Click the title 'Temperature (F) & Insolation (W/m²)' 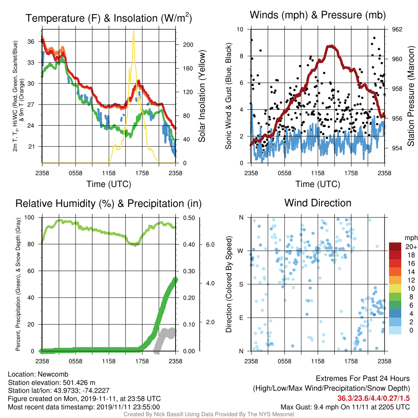[109, 18]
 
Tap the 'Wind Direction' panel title [318, 203]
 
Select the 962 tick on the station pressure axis [397, 29]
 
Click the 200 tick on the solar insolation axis [188, 45]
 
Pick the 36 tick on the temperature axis [31, 42]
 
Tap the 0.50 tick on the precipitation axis [189, 218]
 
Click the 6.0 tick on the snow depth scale [210, 245]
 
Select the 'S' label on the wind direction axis [241, 285]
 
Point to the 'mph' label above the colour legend [411, 238]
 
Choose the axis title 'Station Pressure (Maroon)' [411, 96]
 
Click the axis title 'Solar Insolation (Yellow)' [202, 96]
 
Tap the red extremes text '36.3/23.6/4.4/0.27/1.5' [374, 398]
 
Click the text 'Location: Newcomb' [38, 374]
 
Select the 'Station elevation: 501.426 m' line [52, 382]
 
